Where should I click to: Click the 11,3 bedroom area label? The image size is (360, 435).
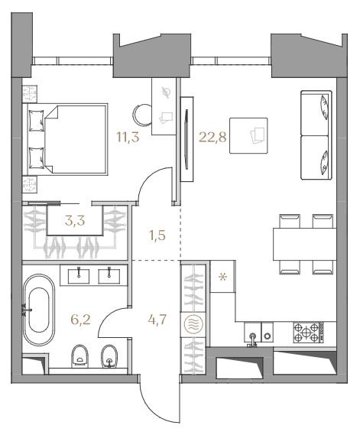(x=128, y=137)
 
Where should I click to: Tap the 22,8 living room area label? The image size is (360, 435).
(x=212, y=137)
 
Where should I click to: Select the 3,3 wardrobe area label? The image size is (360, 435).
(x=75, y=221)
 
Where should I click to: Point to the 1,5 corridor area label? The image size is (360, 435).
(x=157, y=235)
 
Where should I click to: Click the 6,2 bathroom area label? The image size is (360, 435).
(x=81, y=320)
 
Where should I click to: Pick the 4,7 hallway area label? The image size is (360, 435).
(x=157, y=320)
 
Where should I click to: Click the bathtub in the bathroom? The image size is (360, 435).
(x=39, y=310)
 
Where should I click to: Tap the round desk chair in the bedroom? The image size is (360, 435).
(x=143, y=115)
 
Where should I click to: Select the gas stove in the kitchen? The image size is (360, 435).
(x=309, y=333)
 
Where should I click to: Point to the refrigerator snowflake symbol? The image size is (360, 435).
(x=222, y=277)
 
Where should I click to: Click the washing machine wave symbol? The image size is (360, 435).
(x=193, y=324)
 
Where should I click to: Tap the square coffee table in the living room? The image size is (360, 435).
(x=248, y=135)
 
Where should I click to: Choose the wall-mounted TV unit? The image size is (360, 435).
(x=186, y=139)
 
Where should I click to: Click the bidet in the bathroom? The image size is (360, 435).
(x=109, y=356)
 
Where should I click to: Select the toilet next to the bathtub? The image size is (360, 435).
(x=80, y=356)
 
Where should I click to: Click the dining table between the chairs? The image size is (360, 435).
(x=304, y=244)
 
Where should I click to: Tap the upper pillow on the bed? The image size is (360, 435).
(x=37, y=121)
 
